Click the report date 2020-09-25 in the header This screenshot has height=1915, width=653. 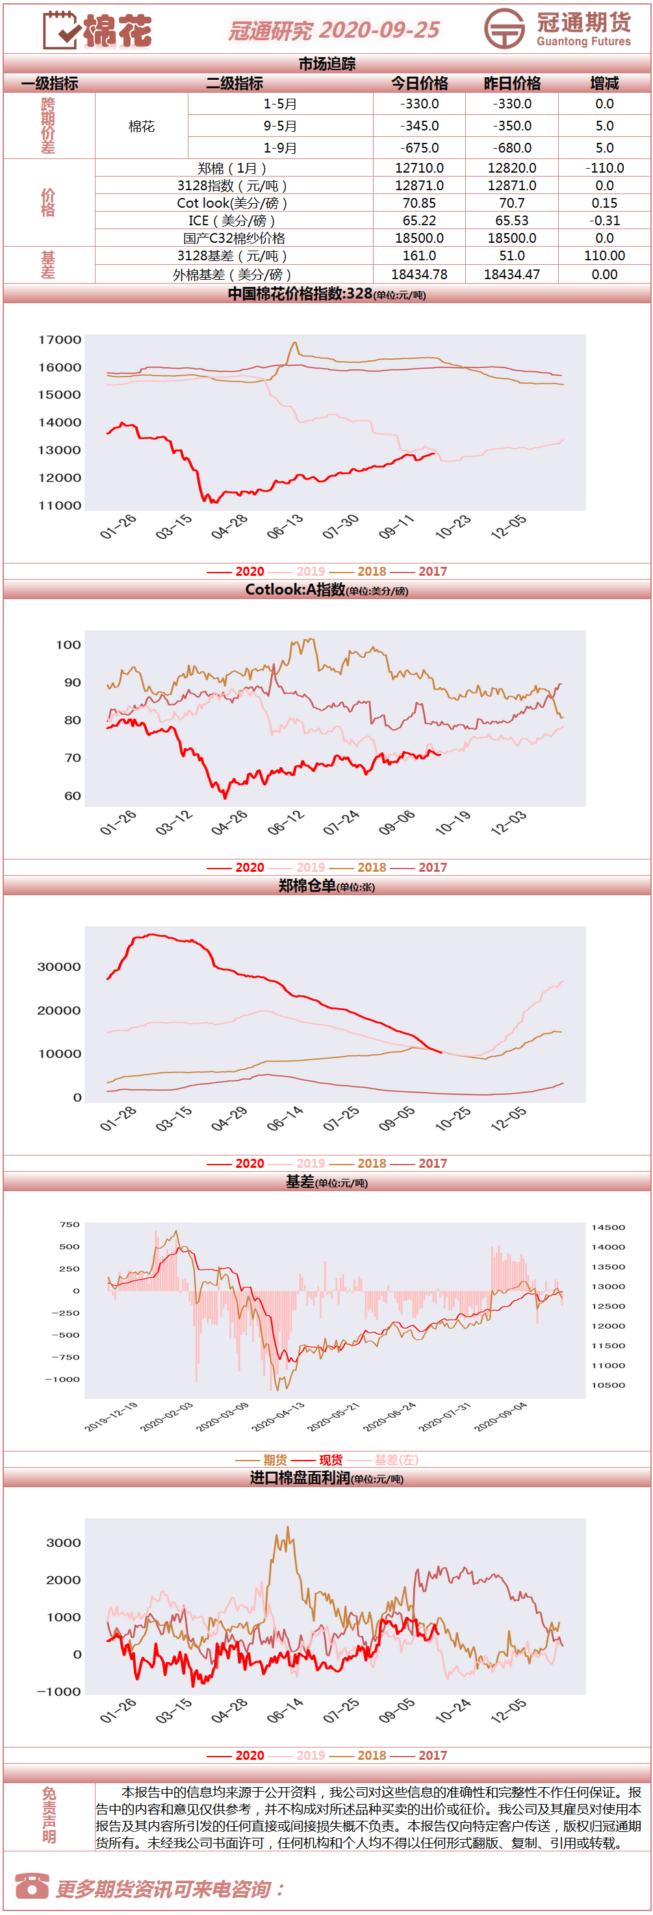pos(379,30)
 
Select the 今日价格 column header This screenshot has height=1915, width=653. pos(420,83)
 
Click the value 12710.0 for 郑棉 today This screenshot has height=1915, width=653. pos(420,168)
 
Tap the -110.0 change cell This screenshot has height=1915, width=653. pos(605,168)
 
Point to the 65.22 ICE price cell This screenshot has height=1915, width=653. pos(420,220)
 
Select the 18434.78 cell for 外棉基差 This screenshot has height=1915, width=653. pos(420,275)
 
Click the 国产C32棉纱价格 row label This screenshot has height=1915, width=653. pos(235,238)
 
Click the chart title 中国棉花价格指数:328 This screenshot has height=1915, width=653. pos(300,293)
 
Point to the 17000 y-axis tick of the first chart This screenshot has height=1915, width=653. pos(60,340)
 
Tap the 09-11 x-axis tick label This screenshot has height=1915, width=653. pos(396,527)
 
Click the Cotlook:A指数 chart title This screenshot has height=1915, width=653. pos(295,589)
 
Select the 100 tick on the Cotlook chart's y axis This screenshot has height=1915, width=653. pos(68,645)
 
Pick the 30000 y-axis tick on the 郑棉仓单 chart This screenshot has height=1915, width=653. pos(60,967)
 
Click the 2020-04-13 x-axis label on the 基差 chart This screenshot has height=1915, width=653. pos(277,1417)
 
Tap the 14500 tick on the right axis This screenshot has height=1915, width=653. pos(608,1228)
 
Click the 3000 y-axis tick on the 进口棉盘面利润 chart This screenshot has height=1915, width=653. pos(64,1542)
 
